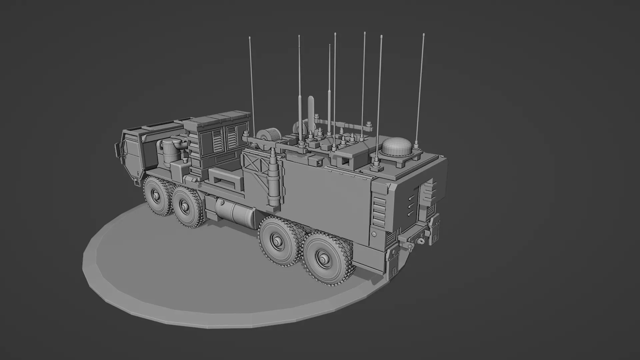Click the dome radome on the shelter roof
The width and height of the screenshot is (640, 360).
397,146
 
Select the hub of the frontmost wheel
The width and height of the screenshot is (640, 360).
156,195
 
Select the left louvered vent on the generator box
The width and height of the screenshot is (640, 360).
217,139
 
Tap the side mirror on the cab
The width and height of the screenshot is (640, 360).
118,151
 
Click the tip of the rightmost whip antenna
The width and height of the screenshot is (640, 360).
423,35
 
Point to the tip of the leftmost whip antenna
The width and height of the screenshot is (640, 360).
250,38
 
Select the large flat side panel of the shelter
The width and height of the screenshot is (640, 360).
325,200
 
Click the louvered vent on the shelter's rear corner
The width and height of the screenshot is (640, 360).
378,210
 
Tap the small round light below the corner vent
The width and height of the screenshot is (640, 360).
374,234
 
